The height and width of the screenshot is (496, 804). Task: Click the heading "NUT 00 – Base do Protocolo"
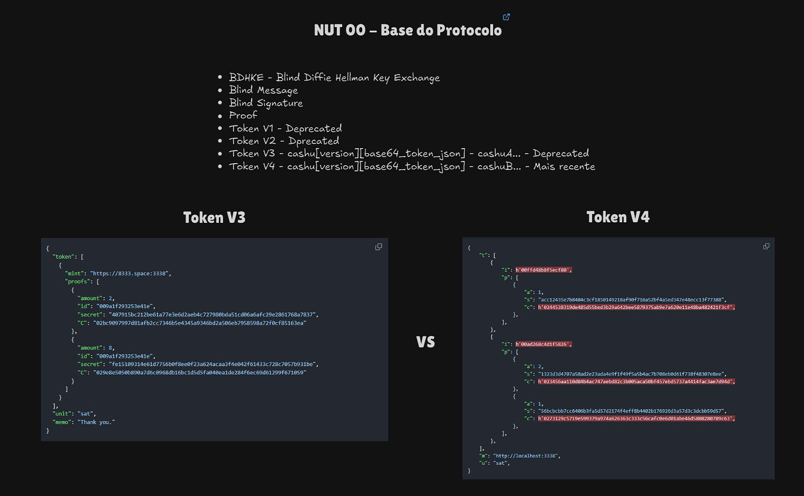click(408, 30)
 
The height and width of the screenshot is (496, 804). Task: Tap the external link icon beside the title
click(506, 17)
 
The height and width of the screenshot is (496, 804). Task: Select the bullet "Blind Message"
click(263, 90)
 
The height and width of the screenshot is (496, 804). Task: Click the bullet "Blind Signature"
click(266, 103)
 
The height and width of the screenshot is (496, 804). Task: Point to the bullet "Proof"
click(243, 116)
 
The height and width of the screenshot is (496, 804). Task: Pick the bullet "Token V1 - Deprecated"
click(285, 128)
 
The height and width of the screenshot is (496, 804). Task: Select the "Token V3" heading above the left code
click(214, 218)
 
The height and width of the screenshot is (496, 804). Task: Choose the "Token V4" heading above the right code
click(618, 217)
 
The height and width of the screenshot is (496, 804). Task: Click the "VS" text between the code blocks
click(425, 342)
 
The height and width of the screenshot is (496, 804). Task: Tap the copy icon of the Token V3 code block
click(379, 247)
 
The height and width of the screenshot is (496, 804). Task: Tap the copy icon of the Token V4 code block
click(766, 246)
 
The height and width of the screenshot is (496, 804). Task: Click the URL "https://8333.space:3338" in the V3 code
click(130, 273)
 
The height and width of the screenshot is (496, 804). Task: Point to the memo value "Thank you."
click(96, 422)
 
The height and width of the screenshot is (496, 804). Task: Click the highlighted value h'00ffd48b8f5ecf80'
click(543, 270)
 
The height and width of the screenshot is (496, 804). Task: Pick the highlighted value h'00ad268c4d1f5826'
click(543, 344)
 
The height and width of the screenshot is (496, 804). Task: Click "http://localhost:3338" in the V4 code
click(526, 456)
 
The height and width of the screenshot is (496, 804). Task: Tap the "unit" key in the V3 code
click(61, 414)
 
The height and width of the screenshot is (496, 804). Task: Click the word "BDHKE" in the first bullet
click(246, 77)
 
